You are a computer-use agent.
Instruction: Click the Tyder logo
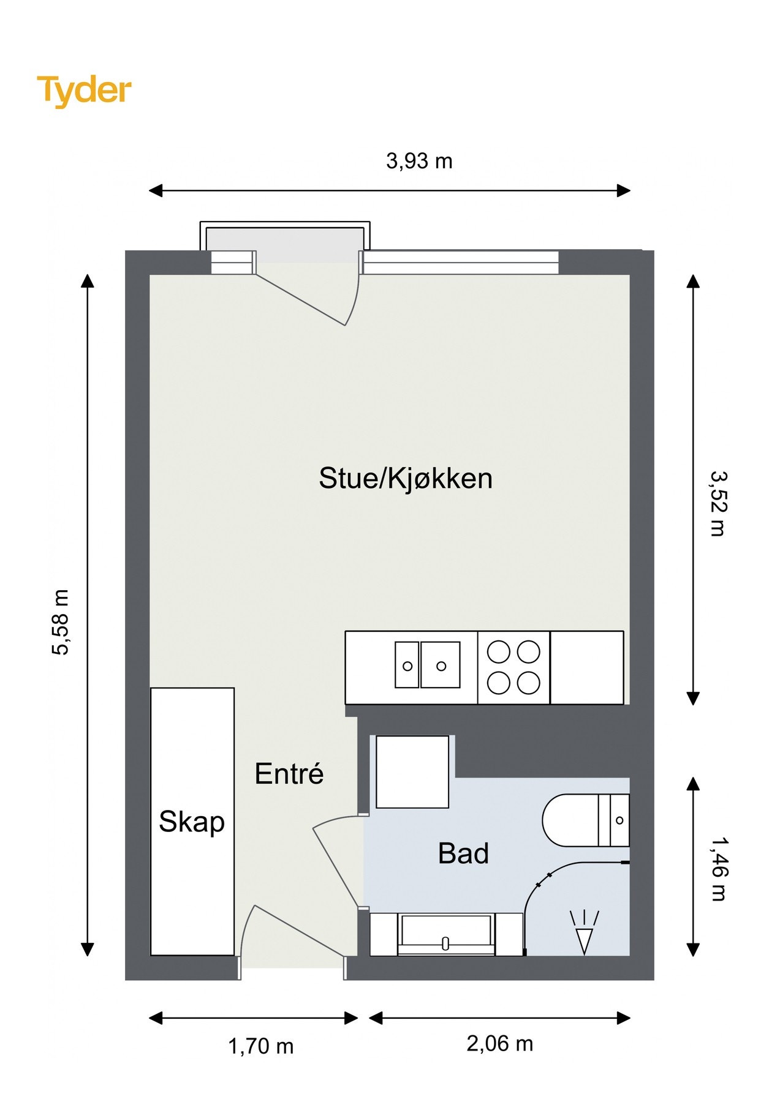click(x=84, y=91)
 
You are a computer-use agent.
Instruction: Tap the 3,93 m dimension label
click(x=419, y=161)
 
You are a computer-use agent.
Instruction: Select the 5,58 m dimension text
click(x=61, y=622)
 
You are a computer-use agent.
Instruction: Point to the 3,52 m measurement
click(x=718, y=503)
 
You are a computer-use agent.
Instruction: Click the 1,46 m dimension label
click(x=718, y=869)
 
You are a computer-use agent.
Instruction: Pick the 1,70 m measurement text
click(x=261, y=1046)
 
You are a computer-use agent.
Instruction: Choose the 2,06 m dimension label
click(x=500, y=1043)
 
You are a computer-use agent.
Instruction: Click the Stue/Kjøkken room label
click(x=406, y=478)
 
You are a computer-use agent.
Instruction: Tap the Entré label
click(x=289, y=774)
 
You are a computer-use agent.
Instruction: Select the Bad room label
click(x=463, y=853)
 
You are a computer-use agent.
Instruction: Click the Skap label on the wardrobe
click(x=192, y=822)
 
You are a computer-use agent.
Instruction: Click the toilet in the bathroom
click(x=586, y=820)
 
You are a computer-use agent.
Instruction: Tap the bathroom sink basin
click(x=445, y=934)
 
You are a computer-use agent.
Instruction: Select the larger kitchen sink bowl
click(x=441, y=665)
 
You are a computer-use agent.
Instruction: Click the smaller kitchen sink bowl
click(x=407, y=665)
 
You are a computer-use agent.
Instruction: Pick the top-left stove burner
click(x=499, y=652)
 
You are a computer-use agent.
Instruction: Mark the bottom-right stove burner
click(x=529, y=683)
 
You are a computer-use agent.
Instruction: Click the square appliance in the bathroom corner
click(x=412, y=772)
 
